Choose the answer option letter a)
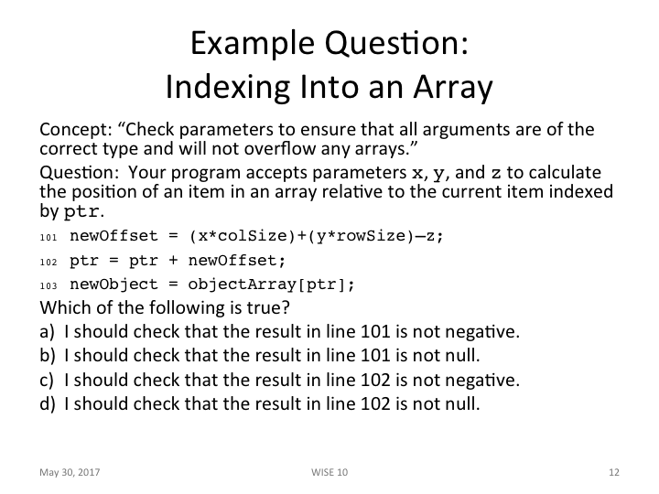48,331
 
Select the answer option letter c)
48,379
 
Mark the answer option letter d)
48,403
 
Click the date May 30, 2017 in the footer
70,473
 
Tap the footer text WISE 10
329,473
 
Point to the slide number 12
614,473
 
